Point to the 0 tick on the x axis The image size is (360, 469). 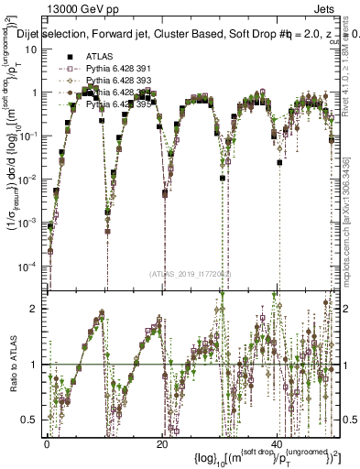(47, 443)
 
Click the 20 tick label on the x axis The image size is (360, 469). (162, 443)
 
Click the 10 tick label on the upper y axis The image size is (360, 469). (33, 49)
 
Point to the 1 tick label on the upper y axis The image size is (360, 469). (37, 93)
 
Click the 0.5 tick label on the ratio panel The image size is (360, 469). (32, 419)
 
